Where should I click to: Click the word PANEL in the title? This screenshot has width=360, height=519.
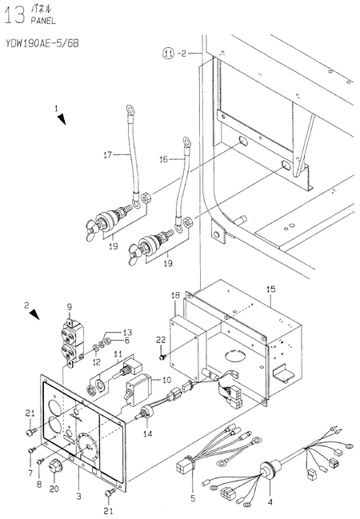tap(43, 21)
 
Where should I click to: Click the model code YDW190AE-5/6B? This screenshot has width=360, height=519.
tap(42, 43)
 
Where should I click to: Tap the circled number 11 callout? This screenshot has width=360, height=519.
tap(169, 53)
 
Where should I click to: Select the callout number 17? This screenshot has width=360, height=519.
tap(108, 154)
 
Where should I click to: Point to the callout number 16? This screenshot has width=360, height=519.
tap(164, 160)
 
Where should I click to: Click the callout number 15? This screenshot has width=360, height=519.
tap(271, 289)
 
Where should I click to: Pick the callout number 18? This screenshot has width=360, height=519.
tap(175, 295)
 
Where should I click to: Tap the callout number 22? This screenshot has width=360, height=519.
tap(161, 340)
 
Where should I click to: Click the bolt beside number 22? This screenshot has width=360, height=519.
tap(162, 357)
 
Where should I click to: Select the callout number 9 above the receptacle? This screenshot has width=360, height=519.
tap(70, 307)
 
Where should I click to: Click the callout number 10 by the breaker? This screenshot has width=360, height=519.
tap(166, 380)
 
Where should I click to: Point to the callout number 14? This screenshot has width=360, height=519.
tap(147, 433)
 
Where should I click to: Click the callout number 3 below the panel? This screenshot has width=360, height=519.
tap(79, 496)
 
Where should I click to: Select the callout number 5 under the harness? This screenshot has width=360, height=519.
tap(194, 498)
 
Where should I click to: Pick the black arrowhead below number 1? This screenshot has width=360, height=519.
tap(62, 119)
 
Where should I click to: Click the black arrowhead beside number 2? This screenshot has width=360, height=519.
tap(34, 315)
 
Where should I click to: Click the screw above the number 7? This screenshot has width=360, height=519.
tap(32, 450)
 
